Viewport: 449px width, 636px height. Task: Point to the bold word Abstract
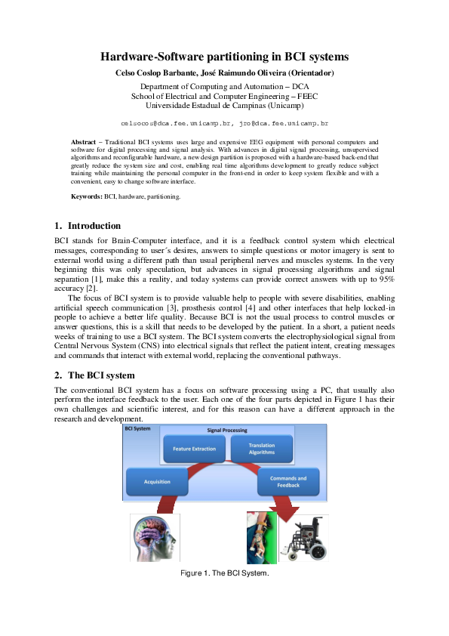tap(83, 142)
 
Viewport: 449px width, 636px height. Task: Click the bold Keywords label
tap(87, 196)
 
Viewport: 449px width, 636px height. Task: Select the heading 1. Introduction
tap(88, 226)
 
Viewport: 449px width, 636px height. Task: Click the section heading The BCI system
tap(101, 375)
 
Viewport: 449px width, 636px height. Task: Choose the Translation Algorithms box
tap(262, 448)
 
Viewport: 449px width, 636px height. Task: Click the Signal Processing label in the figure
tap(228, 430)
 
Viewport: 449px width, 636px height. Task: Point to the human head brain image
tap(154, 538)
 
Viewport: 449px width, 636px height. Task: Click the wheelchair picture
tap(304, 538)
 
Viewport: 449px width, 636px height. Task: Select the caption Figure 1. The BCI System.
tap(224, 573)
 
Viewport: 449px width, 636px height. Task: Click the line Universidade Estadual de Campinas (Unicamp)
tap(224, 106)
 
